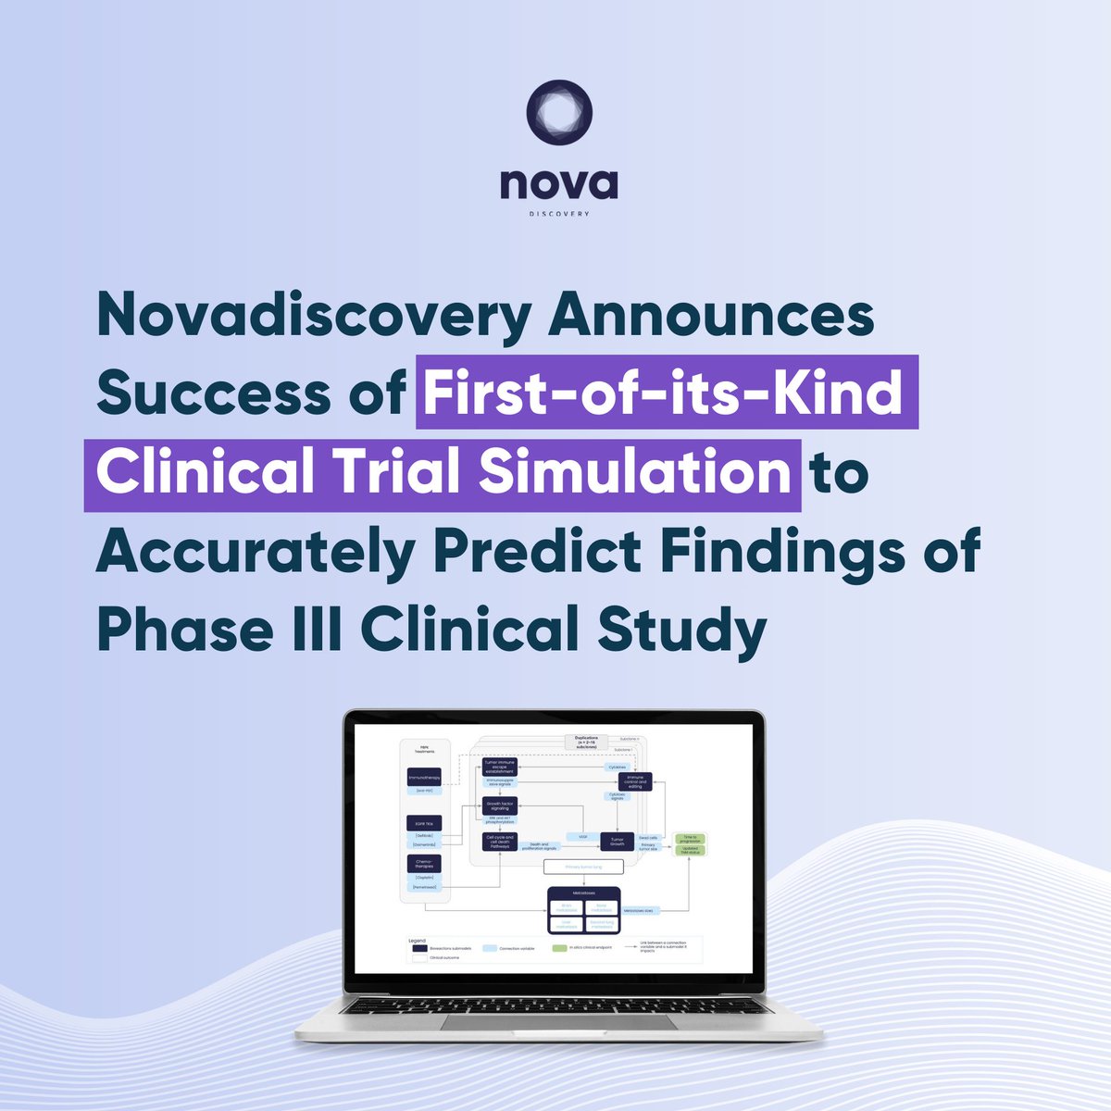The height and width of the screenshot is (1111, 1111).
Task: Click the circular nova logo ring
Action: [557, 112]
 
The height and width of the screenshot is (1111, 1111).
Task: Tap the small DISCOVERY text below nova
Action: [558, 212]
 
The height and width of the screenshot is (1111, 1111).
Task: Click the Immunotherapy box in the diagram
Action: [424, 779]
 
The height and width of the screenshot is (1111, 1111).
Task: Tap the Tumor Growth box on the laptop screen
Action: [618, 842]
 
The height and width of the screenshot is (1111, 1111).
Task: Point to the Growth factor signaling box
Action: [499, 805]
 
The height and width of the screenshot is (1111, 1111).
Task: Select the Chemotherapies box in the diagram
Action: [424, 863]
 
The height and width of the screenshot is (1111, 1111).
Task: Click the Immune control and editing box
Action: [635, 781]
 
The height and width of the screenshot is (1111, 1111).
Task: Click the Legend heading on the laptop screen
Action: [418, 942]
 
